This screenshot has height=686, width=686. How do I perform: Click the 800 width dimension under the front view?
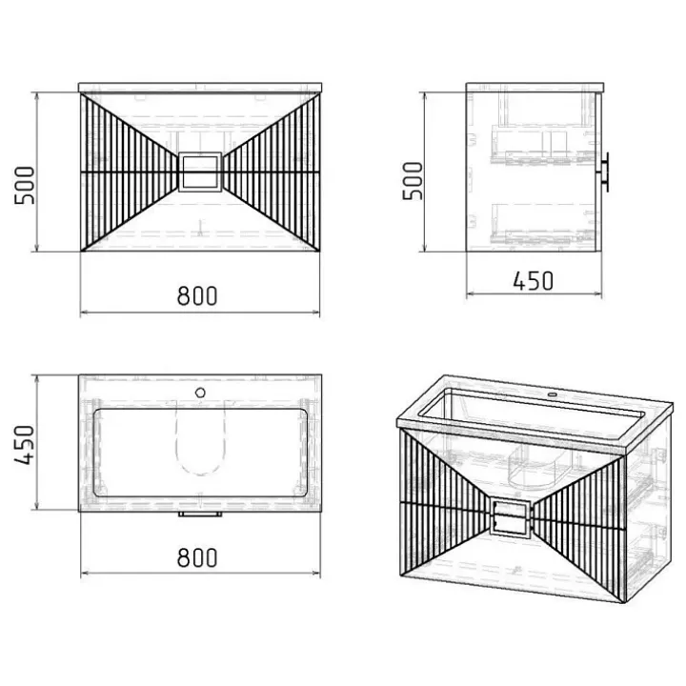point(197,295)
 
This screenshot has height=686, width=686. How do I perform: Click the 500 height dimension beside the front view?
point(24,185)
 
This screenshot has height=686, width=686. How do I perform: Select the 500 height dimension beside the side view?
point(413,181)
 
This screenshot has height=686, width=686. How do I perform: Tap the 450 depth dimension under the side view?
point(533,281)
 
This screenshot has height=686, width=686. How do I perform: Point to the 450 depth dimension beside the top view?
point(24,445)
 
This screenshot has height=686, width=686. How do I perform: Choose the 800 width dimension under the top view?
point(197,557)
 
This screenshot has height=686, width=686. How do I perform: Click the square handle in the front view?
point(200,171)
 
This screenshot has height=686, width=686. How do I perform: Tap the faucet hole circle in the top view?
point(200,393)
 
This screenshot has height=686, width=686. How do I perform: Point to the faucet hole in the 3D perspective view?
point(553,395)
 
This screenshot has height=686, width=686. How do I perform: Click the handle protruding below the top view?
point(200,514)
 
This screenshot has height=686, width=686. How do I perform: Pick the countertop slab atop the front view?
point(200,88)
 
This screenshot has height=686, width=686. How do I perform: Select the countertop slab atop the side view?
point(535,87)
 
